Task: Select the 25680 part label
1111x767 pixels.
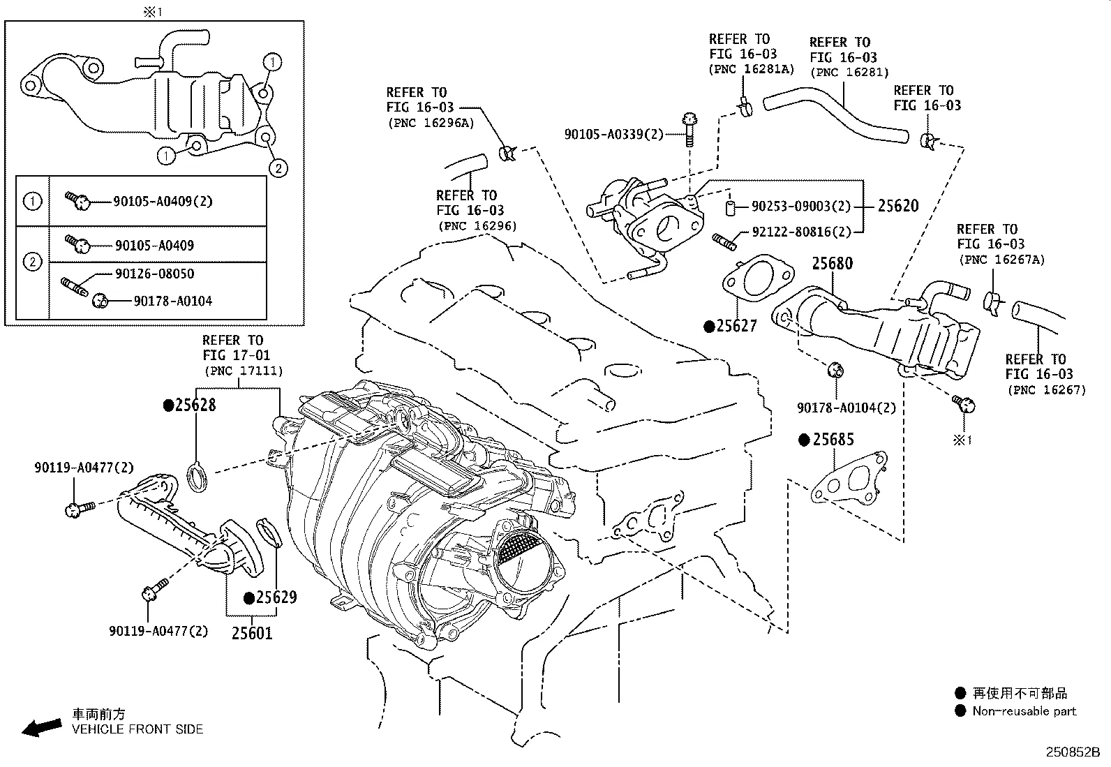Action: click(832, 263)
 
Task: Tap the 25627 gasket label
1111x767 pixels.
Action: click(736, 326)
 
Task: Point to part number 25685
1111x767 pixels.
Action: click(833, 440)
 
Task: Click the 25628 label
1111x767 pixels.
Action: click(195, 405)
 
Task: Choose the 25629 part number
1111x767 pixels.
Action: click(276, 597)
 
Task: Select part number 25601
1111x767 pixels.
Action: click(252, 633)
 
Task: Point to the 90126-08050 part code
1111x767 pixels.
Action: click(154, 274)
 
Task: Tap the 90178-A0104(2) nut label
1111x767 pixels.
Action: click(846, 408)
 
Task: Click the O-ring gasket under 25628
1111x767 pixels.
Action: click(197, 478)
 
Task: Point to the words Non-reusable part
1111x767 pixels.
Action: click(1024, 711)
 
